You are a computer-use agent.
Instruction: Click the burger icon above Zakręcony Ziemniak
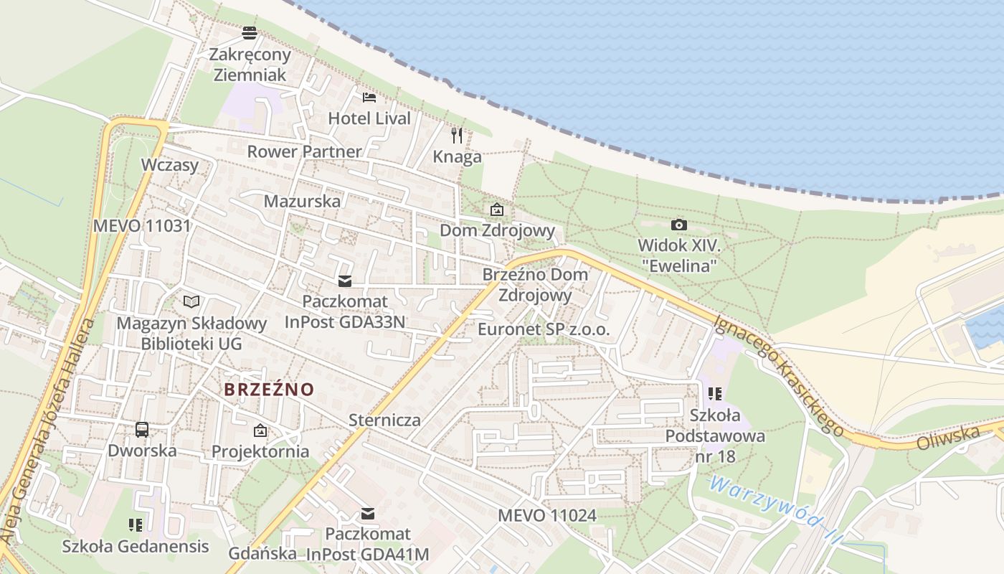(250, 32)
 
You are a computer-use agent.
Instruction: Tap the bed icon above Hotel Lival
(369, 98)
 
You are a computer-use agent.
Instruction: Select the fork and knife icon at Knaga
(457, 135)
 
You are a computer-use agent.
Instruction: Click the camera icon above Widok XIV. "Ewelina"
(678, 225)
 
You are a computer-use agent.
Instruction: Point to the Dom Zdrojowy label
(497, 230)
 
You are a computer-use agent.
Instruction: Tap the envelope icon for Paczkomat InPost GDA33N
(345, 281)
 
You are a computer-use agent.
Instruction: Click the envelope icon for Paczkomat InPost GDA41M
(368, 514)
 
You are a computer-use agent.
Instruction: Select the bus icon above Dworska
(142, 430)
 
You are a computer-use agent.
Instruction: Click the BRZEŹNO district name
(269, 390)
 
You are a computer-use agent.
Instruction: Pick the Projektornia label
(260, 451)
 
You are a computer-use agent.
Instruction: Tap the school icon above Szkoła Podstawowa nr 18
(714, 394)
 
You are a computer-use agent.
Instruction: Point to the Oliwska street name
(948, 437)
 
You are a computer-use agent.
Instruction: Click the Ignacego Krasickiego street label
(779, 375)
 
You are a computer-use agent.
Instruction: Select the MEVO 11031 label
(142, 226)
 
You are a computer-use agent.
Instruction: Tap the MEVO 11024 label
(547, 515)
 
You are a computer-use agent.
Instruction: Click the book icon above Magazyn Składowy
(191, 301)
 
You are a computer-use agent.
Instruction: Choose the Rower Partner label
(305, 151)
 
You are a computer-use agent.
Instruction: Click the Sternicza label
(384, 420)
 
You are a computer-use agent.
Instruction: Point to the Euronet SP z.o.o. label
(544, 330)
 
